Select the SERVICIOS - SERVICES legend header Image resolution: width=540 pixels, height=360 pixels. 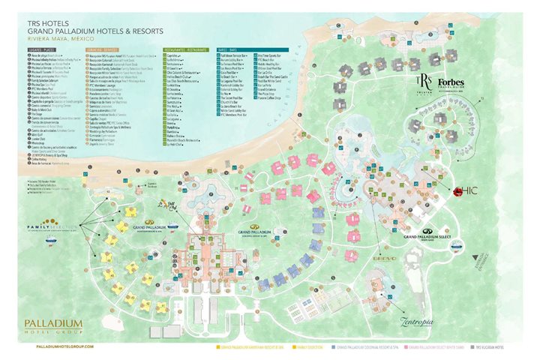pyautogui.click(x=106, y=47)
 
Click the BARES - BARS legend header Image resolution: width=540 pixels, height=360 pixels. pyautogui.click(x=223, y=47)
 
